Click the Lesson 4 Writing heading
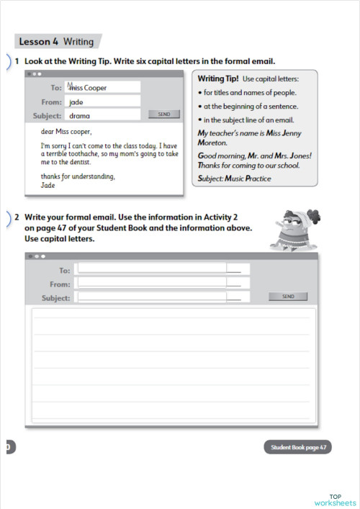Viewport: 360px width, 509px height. (55, 42)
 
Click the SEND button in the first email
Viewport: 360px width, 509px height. (163, 114)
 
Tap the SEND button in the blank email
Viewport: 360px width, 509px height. (288, 296)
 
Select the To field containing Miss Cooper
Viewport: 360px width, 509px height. (103, 87)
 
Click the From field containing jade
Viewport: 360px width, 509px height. (103, 102)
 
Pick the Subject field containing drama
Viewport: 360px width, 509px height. (103, 115)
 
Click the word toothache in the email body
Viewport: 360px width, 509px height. (86, 154)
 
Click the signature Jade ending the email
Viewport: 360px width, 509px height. (48, 185)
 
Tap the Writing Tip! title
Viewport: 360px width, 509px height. (218, 78)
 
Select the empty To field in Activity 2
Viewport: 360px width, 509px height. (163, 269)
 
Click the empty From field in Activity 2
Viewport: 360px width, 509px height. (163, 284)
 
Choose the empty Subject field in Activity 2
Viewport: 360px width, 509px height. (163, 297)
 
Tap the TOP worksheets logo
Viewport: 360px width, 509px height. (336, 499)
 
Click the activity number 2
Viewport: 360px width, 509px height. (17, 216)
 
